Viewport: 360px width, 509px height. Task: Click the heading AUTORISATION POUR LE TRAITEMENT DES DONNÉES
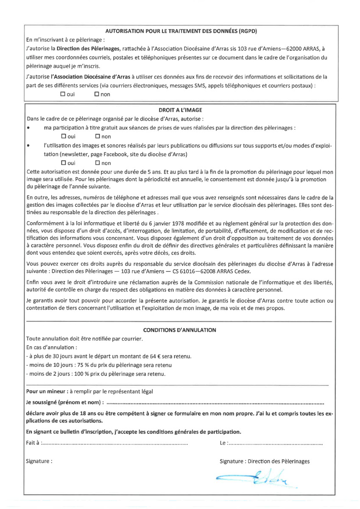(181, 31)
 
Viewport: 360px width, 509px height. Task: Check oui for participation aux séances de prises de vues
(64, 136)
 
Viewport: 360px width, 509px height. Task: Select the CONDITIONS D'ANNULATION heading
(180, 330)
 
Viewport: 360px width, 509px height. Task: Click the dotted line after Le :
(276, 443)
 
